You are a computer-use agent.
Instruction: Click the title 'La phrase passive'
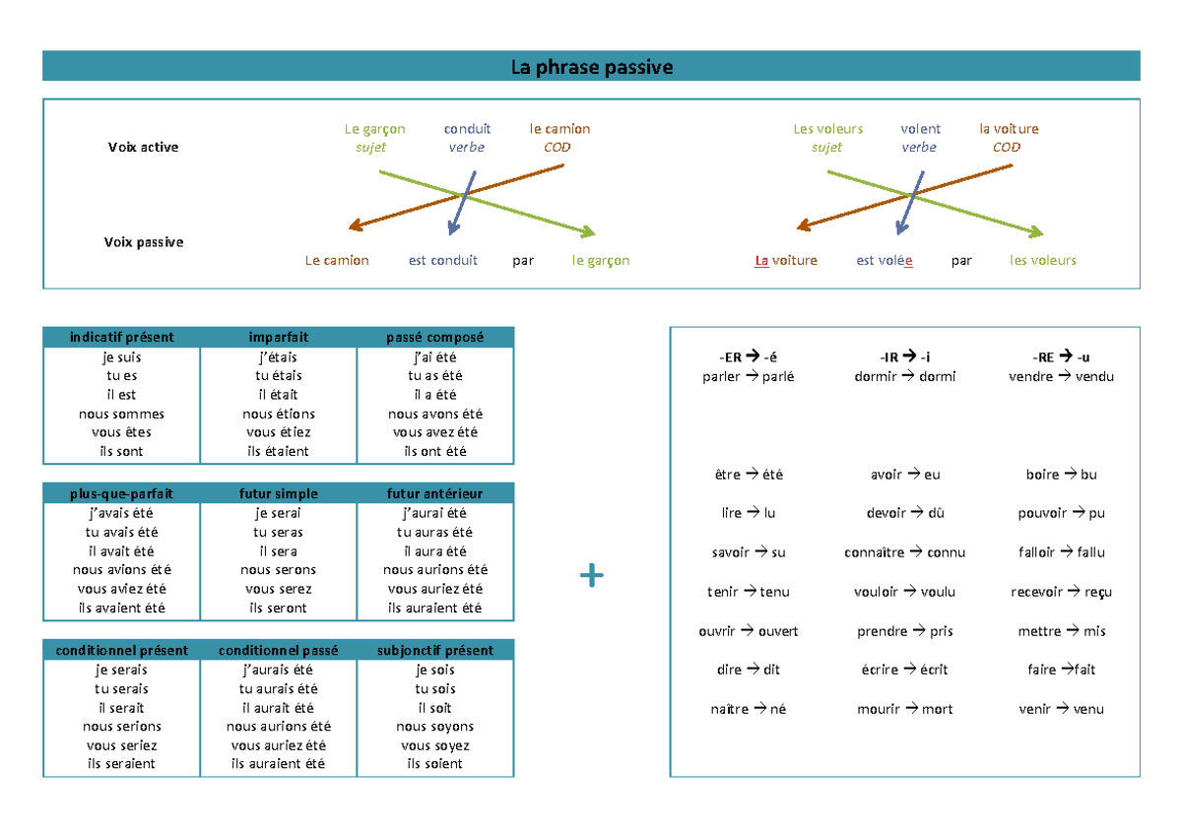click(592, 67)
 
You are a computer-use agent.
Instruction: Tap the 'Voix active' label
click(143, 147)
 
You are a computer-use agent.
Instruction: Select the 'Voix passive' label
click(144, 242)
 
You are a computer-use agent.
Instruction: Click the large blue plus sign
click(592, 575)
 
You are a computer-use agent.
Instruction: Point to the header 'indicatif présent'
click(121, 337)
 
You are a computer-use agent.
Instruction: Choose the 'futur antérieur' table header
click(434, 493)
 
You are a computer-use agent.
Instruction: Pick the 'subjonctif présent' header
click(435, 650)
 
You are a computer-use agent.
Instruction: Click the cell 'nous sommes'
click(121, 414)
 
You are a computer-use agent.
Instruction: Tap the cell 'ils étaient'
click(278, 452)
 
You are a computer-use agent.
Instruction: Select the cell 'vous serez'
click(278, 589)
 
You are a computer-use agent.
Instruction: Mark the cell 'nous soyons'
click(434, 727)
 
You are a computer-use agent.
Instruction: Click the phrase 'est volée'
click(885, 261)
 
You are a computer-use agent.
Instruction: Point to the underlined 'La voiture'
click(786, 261)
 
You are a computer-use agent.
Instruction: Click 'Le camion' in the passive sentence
click(337, 261)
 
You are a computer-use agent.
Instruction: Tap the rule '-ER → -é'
click(749, 357)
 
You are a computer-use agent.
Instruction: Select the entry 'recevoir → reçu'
click(1061, 592)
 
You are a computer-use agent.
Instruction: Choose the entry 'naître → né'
click(749, 709)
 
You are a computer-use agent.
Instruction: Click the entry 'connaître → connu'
click(904, 552)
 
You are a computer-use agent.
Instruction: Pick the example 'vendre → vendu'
click(1061, 376)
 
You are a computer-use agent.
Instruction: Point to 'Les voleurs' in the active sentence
click(828, 129)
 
